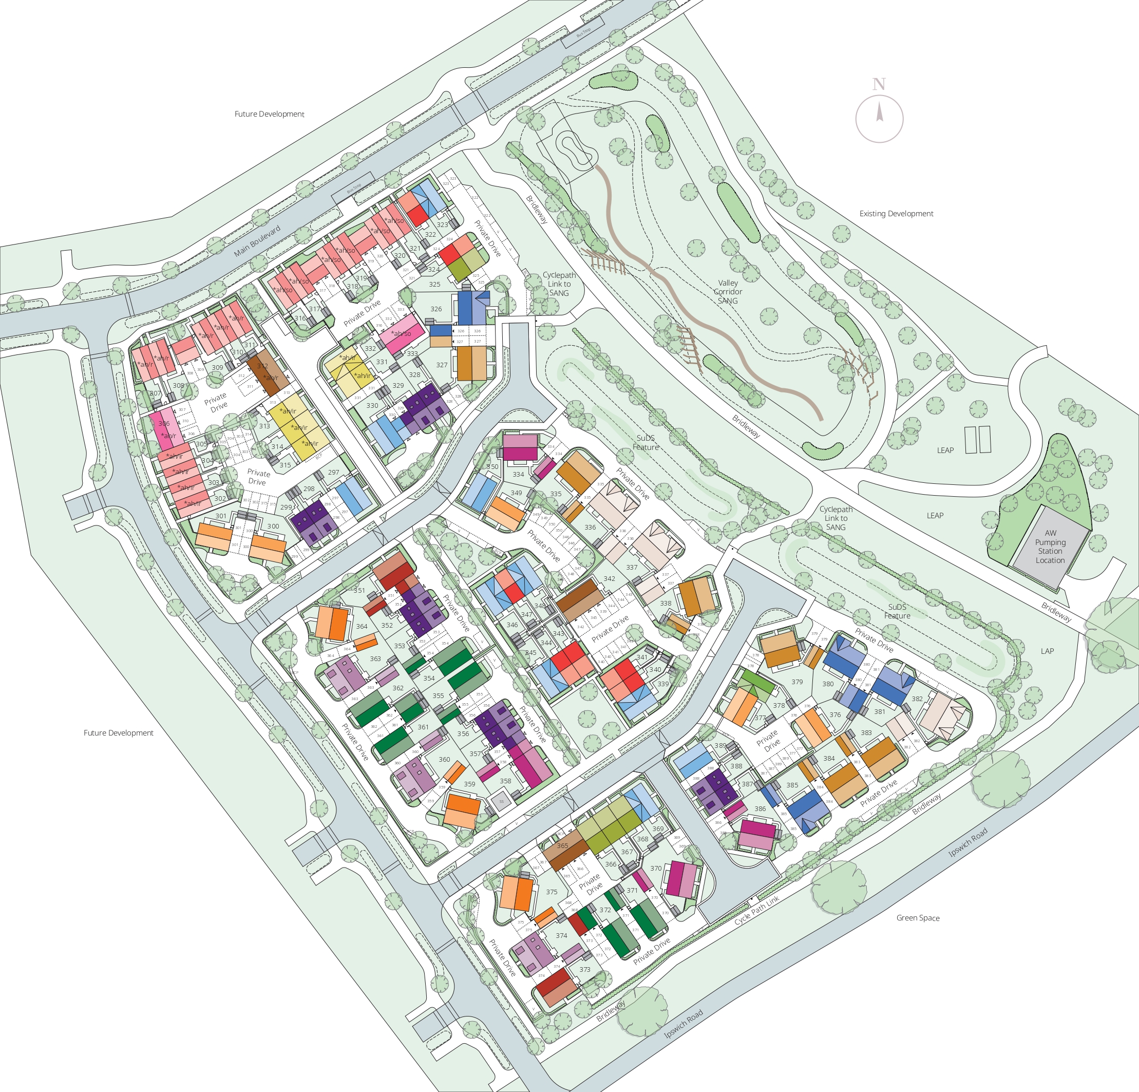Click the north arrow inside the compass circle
coord(879,111)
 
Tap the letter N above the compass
coord(879,84)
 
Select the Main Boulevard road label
coord(257,240)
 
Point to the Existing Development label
coord(896,213)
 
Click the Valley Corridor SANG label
coord(728,292)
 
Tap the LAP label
coord(1047,651)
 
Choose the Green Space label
coord(918,918)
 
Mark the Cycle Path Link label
coord(756,910)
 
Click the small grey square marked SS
coord(501,802)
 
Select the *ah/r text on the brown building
coord(270,378)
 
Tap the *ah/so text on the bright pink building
coord(401,333)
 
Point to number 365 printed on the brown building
coord(562,845)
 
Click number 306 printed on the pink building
coord(164,424)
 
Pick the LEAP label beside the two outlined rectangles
coord(945,450)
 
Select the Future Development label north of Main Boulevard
coord(269,114)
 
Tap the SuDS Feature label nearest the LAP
coord(897,611)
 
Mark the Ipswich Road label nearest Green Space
coord(967,843)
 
